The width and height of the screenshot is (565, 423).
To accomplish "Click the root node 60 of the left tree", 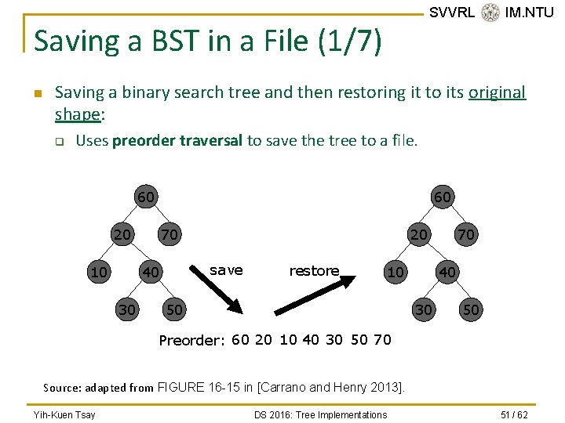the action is click(x=146, y=196).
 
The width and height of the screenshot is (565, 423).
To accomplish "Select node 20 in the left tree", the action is click(x=122, y=233).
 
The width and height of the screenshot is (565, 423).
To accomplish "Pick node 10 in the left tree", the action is click(x=99, y=272).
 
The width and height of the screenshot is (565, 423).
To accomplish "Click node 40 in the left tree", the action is click(x=150, y=272).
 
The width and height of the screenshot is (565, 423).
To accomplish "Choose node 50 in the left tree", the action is click(x=174, y=309).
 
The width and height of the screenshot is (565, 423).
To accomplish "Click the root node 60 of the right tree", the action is click(x=443, y=196).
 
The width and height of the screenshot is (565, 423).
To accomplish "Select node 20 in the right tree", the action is click(x=420, y=233).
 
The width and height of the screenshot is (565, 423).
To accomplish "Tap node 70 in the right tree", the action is click(x=466, y=233).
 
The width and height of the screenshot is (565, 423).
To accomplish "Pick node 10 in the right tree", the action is click(x=396, y=272).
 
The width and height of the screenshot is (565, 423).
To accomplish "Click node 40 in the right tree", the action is click(x=447, y=272).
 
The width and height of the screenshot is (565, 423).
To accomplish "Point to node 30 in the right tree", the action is click(x=424, y=309).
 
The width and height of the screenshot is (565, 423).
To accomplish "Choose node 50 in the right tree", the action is click(x=471, y=309).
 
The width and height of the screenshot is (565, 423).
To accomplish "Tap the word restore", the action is click(x=314, y=271).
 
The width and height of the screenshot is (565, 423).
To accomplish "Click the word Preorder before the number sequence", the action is click(x=191, y=340).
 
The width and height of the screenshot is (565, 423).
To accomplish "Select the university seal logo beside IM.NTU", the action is click(x=490, y=13).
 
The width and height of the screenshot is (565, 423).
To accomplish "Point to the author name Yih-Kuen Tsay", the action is click(x=64, y=414).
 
